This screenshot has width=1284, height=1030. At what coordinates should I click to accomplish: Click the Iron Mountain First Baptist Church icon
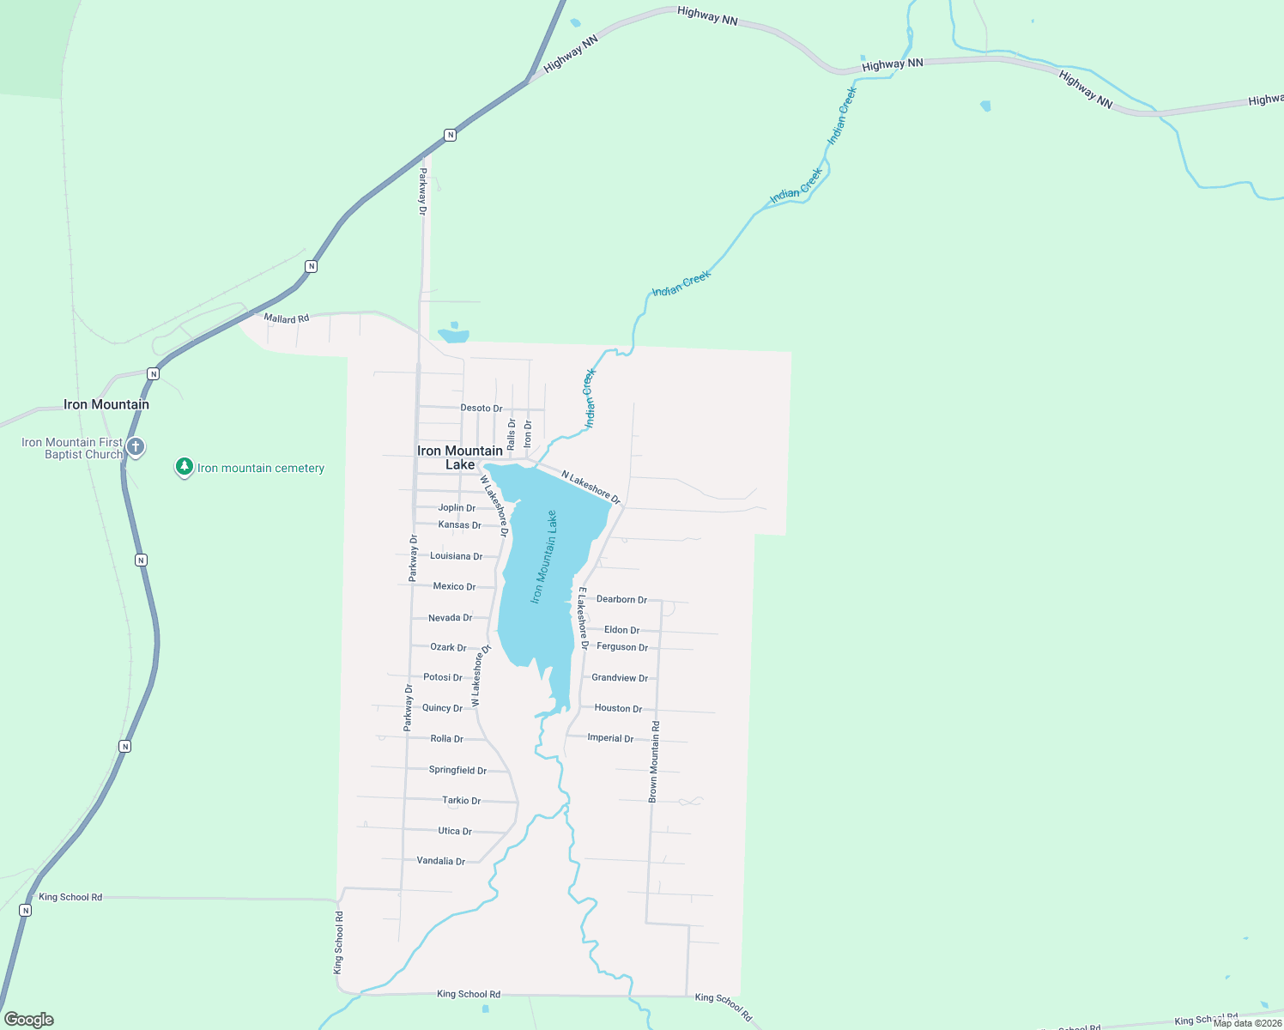click(x=136, y=446)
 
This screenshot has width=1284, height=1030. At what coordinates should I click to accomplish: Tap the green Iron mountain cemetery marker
click(x=184, y=467)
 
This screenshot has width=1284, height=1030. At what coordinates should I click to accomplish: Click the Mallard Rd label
click(x=286, y=318)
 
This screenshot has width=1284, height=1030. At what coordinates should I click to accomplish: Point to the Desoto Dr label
click(x=481, y=408)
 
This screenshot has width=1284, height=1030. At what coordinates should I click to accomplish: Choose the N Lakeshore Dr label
click(x=591, y=486)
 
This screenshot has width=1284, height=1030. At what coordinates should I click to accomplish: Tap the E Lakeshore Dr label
click(x=583, y=618)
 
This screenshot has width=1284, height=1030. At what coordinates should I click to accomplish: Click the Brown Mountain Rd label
click(x=654, y=761)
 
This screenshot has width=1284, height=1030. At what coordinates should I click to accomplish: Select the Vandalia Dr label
click(x=440, y=861)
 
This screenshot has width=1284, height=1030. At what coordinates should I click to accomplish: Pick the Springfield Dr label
click(x=457, y=770)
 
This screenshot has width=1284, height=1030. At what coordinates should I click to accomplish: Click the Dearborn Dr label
click(x=621, y=599)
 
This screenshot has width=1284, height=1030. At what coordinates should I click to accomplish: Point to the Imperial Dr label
click(x=610, y=738)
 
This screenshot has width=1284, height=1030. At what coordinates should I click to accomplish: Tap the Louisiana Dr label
click(x=456, y=556)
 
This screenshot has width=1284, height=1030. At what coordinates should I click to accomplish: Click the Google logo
click(x=28, y=1020)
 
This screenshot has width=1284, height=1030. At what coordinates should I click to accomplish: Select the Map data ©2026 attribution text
click(x=1247, y=1023)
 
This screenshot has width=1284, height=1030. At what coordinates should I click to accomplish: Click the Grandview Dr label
click(x=620, y=678)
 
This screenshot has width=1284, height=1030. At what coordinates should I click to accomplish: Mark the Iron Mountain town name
click(x=106, y=404)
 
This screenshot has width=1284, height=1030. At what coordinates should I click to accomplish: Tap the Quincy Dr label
click(x=442, y=708)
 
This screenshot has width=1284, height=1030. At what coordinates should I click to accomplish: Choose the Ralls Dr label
click(x=512, y=434)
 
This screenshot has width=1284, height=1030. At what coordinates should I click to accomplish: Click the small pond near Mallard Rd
click(x=454, y=335)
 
